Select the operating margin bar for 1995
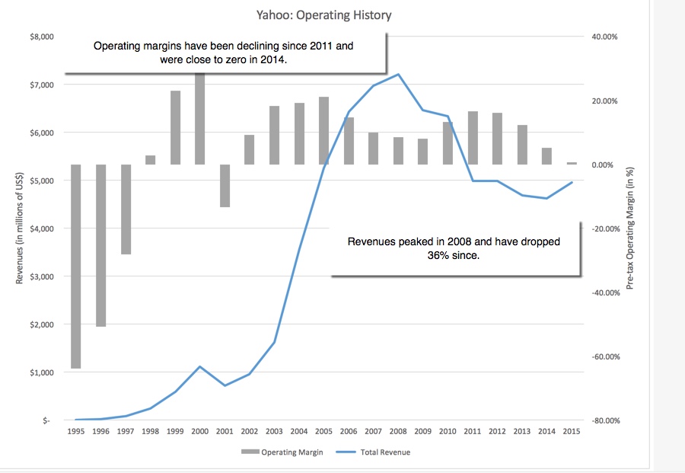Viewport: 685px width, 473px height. (75, 267)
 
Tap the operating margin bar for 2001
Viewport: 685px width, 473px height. (225, 186)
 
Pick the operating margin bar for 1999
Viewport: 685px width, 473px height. (175, 128)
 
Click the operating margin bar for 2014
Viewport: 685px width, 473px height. (546, 156)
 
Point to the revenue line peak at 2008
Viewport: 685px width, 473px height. (398, 75)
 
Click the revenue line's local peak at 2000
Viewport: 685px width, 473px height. (199, 366)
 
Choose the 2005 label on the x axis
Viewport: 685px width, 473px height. (323, 432)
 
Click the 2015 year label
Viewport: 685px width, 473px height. (572, 432)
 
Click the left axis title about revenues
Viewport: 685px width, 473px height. (20, 229)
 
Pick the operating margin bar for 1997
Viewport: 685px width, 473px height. (125, 209)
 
